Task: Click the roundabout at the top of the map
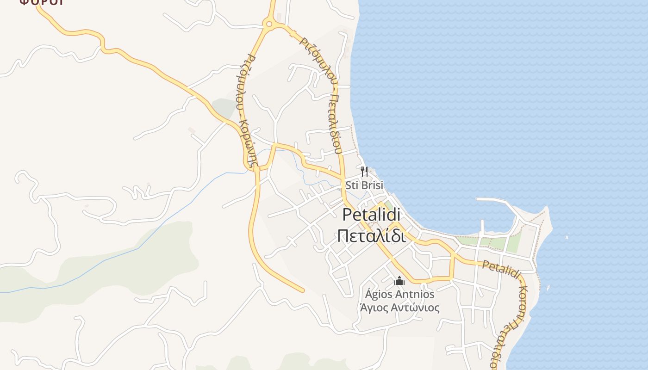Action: [268, 23]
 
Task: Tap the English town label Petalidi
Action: [372, 215]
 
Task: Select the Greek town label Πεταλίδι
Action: [372, 235]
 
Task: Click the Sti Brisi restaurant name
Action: [365, 185]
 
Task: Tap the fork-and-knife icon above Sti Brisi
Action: [365, 172]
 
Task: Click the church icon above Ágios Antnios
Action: [399, 281]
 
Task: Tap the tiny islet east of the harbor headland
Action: [567, 237]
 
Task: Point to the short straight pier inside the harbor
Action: [482, 227]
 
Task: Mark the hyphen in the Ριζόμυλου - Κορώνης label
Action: [244, 113]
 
